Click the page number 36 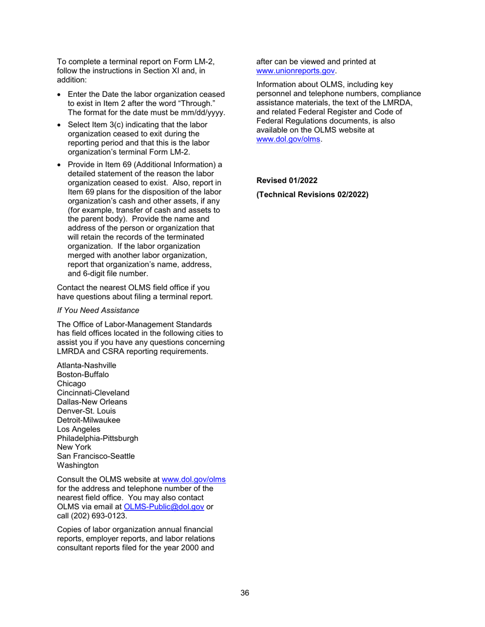pyautogui.click(x=245, y=592)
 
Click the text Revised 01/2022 pyautogui.click(x=287, y=180)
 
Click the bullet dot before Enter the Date pyautogui.click(x=60, y=95)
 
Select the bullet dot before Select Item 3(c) pyautogui.click(x=60, y=125)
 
